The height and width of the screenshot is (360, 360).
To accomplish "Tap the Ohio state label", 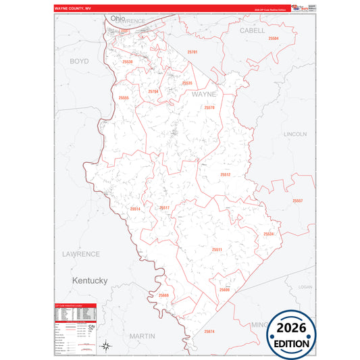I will tap(119, 18).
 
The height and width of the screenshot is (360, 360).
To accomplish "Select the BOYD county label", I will tap(79, 61).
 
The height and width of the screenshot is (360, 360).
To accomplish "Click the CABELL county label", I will tap(252, 30).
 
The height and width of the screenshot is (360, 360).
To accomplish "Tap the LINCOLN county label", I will tap(295, 134).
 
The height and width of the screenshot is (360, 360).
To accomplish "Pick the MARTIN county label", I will tap(143, 336).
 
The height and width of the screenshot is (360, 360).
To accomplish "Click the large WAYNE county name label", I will tap(204, 95).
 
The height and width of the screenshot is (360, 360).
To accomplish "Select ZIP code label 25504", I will tap(273, 38).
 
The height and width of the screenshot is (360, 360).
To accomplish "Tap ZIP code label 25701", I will tap(192, 52).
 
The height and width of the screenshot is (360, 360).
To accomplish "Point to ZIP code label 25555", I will tap(124, 98).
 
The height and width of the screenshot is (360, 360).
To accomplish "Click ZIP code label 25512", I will tap(225, 174).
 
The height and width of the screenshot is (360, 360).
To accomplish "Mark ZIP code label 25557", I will tap(298, 201).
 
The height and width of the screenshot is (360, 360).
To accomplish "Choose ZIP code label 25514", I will tap(135, 209).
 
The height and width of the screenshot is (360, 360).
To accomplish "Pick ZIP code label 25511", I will tap(217, 249).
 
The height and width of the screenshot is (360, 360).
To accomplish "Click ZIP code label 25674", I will tap(209, 331).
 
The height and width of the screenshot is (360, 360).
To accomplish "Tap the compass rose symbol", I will tap(106, 346).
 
